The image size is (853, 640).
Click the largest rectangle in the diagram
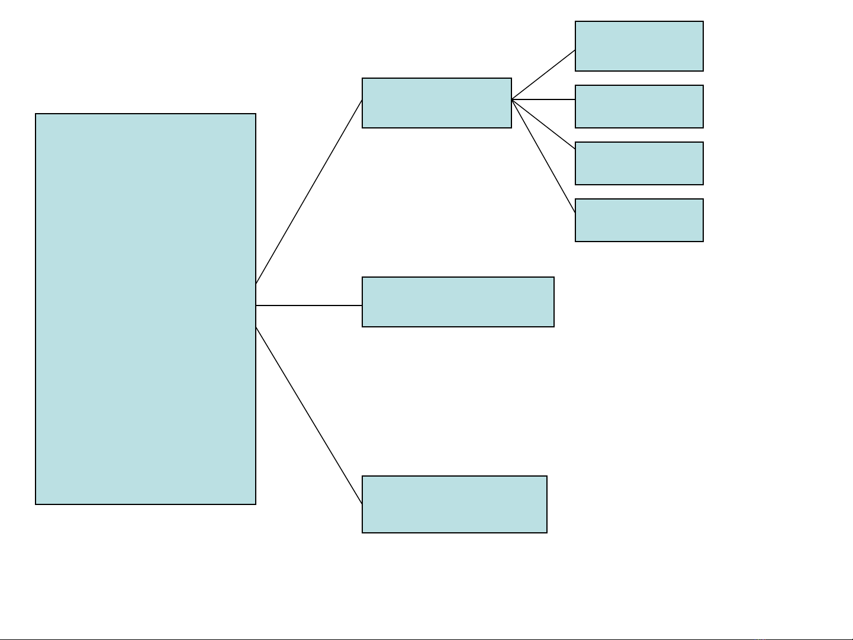146,309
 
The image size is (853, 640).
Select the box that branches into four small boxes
437,103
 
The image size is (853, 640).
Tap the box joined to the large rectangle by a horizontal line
458,302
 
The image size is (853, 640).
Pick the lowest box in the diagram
455,504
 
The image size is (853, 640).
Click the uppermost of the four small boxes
639,46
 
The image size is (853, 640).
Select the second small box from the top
639,107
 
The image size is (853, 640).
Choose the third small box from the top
639,163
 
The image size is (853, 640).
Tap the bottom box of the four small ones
639,220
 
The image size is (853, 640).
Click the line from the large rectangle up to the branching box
309,192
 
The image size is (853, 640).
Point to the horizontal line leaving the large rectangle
309,305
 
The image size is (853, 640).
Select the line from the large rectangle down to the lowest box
309,415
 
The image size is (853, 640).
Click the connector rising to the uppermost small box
543,75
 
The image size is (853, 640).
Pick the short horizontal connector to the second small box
543,99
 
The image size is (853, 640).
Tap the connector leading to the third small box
543,124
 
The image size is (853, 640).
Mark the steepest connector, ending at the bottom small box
543,156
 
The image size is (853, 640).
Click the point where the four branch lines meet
512,99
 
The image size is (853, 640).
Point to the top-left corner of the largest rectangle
36,114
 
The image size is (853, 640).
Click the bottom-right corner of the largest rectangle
256,504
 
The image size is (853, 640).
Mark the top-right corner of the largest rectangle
256,114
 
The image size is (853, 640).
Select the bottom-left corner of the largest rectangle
36,504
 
